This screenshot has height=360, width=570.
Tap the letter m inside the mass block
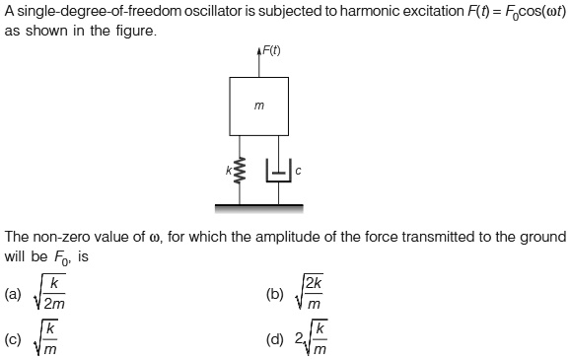pos(259,105)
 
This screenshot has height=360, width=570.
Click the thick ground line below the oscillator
pos(259,206)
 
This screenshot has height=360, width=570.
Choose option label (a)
pos(13,294)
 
